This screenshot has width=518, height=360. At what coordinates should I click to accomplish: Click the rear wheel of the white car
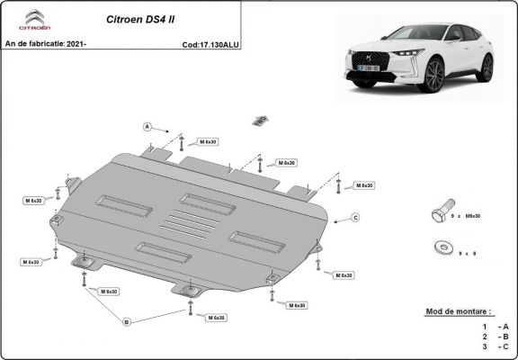click(x=487, y=67)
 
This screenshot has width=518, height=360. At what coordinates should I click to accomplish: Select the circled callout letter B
click(x=126, y=321)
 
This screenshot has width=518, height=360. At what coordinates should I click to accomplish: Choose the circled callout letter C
click(x=355, y=218)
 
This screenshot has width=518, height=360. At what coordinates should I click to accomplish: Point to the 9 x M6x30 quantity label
click(x=468, y=216)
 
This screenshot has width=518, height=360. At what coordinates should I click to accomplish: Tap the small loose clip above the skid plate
click(x=261, y=120)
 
